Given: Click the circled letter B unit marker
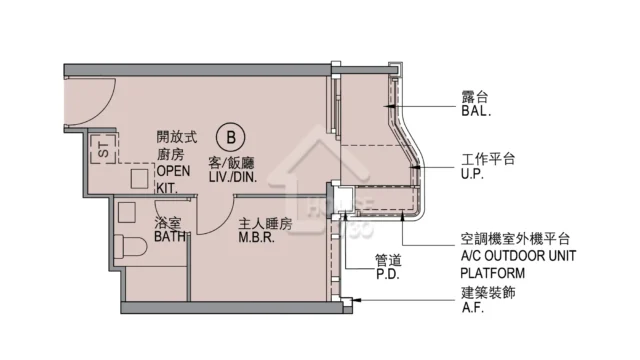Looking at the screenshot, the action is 231,137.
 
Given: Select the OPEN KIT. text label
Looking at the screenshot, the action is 173,179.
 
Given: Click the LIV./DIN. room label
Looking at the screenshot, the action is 233,177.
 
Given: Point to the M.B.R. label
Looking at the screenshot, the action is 256,237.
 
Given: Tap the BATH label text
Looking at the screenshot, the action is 170,236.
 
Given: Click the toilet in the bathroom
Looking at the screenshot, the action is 130,247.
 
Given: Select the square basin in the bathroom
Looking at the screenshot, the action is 127,212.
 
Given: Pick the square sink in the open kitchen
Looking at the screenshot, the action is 139,179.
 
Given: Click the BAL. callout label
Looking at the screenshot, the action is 476,111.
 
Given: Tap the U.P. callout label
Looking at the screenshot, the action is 472,174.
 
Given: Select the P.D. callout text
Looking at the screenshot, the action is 387,274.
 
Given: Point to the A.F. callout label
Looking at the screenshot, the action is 473,307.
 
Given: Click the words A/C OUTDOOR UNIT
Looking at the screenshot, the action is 518,256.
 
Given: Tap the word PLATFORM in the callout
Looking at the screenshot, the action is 493,273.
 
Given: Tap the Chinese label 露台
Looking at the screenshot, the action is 475,97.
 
